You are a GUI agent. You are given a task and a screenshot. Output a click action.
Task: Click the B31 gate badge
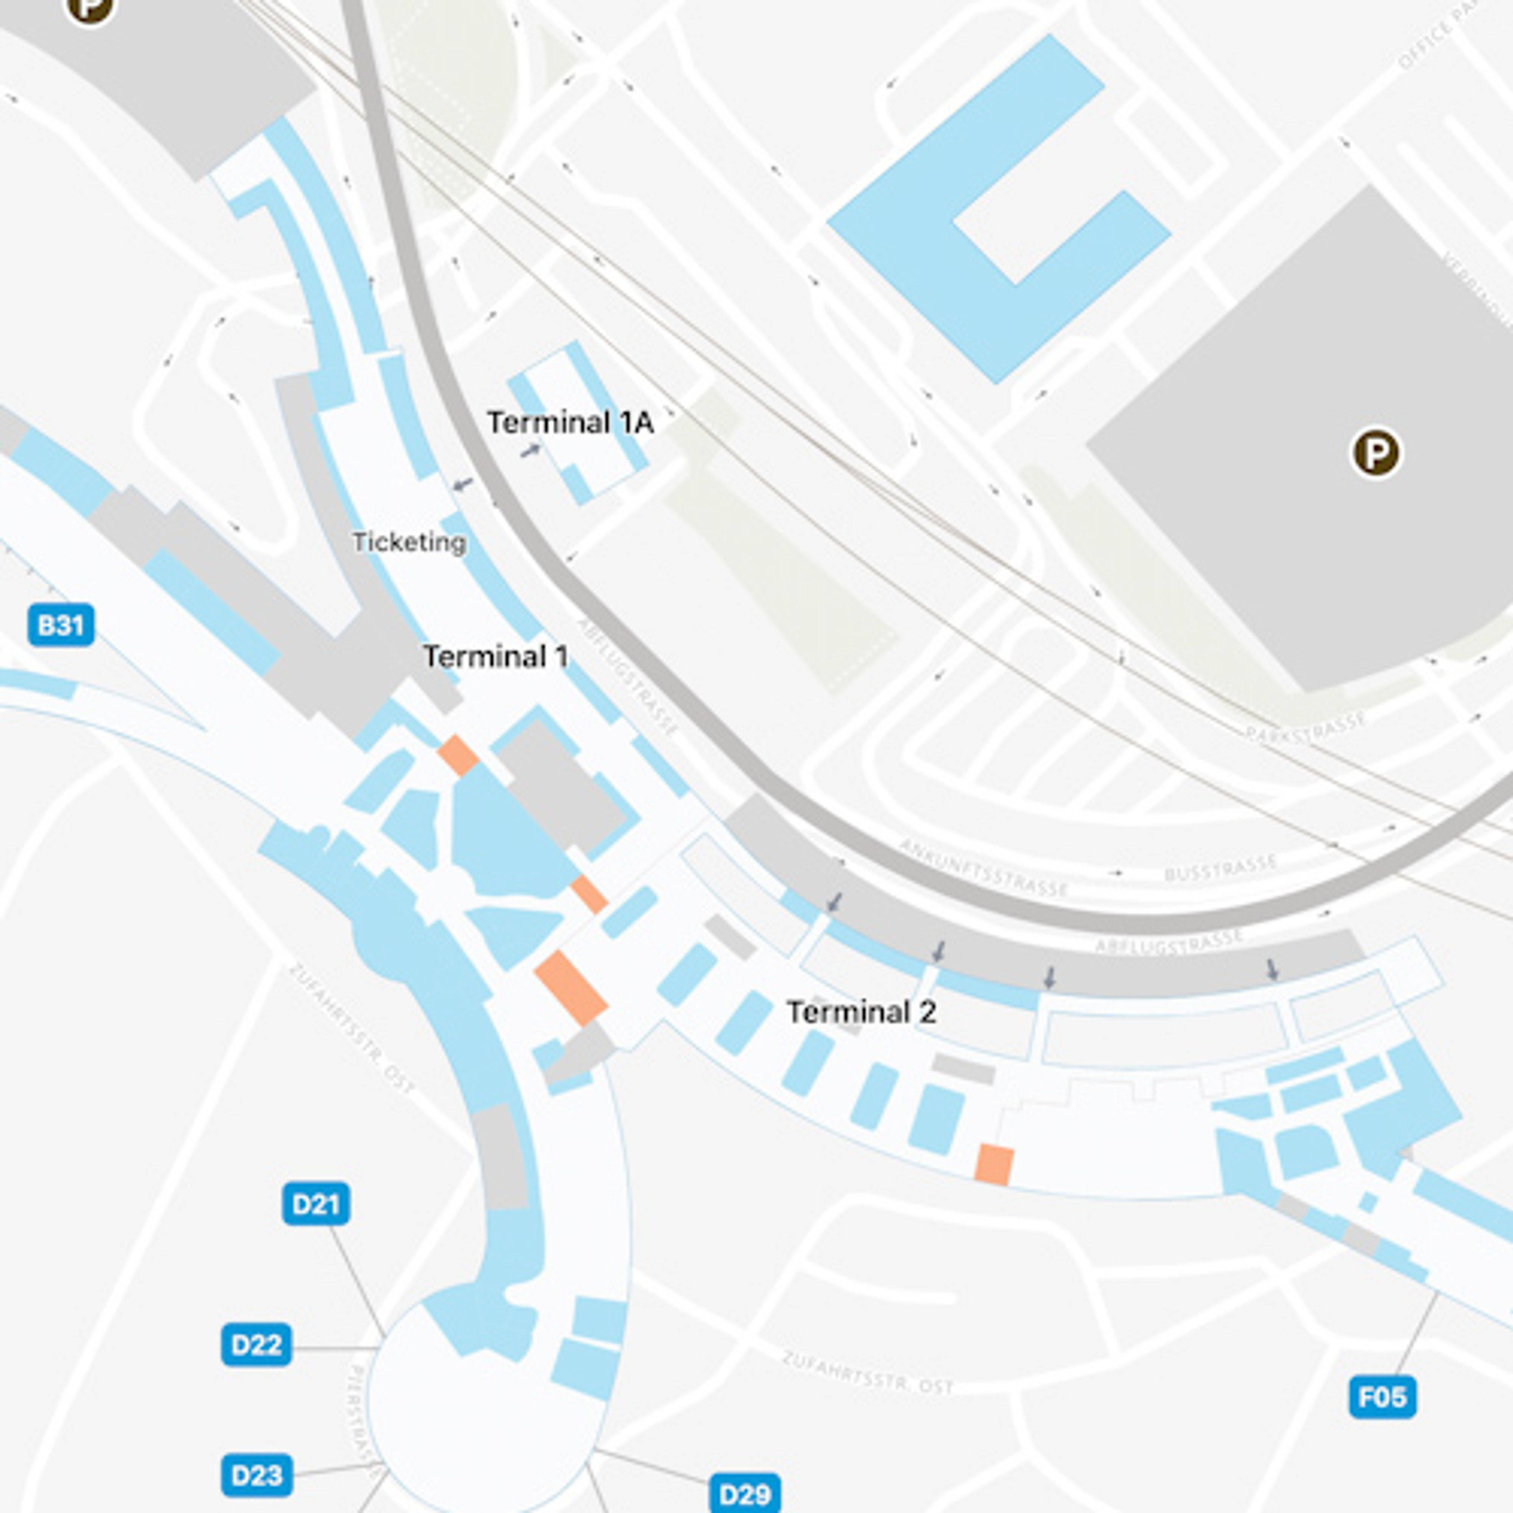click(61, 625)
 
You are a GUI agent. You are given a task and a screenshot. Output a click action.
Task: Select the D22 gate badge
click(256, 1345)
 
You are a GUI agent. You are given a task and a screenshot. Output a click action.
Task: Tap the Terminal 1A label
click(570, 423)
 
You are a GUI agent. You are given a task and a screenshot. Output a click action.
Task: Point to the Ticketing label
click(409, 542)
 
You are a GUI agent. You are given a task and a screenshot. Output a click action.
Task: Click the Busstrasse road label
click(1219, 868)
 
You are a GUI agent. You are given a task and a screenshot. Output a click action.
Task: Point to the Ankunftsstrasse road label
click(983, 868)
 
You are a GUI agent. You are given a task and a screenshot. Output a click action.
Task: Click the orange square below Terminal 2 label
click(994, 1164)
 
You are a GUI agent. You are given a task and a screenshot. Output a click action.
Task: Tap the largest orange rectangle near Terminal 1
click(570, 988)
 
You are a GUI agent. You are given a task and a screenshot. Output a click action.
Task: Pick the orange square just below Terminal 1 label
click(457, 755)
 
